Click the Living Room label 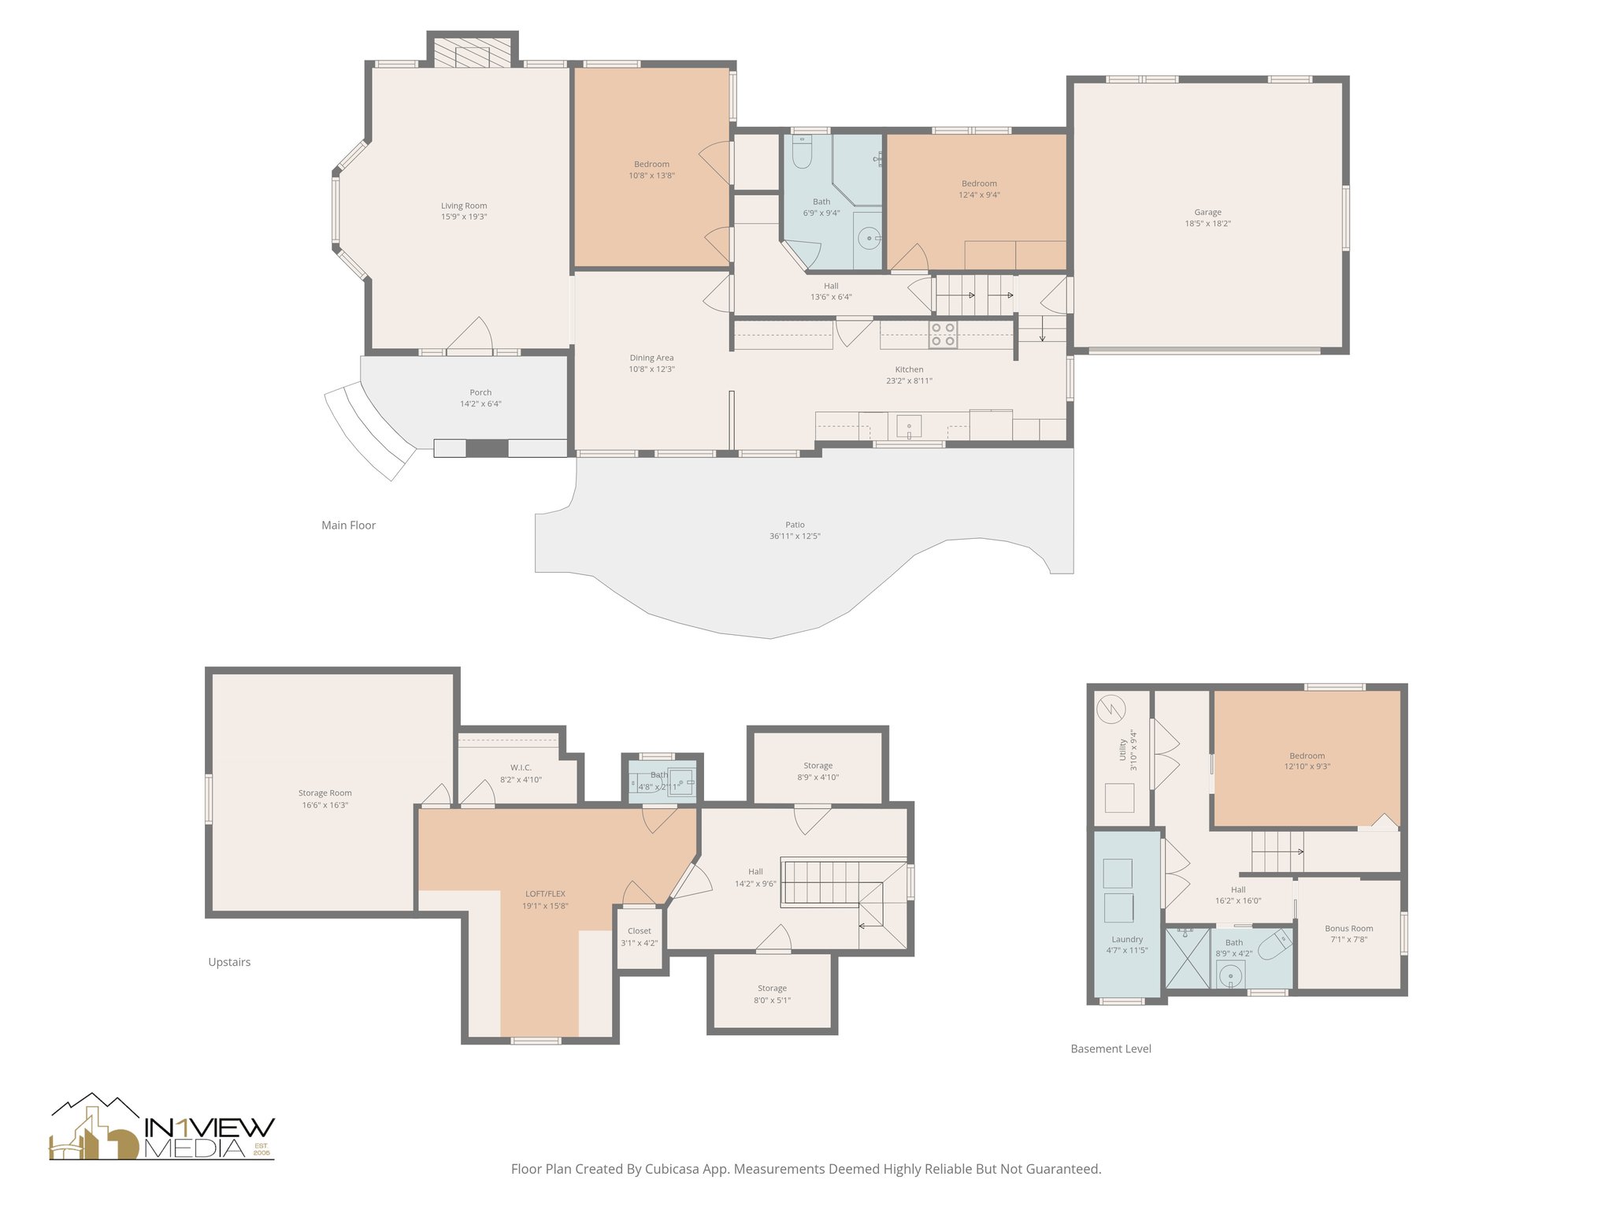(x=464, y=206)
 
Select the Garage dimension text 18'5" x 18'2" (x=1207, y=224)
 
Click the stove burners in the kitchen (x=943, y=335)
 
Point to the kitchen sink (x=909, y=427)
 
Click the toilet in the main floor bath (x=802, y=154)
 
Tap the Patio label (x=795, y=525)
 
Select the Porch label (x=480, y=392)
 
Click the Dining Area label (x=651, y=358)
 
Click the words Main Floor (x=348, y=525)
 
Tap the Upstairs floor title (x=229, y=962)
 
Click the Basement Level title (x=1111, y=1049)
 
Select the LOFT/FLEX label (x=545, y=894)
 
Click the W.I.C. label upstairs (x=521, y=767)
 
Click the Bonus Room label (x=1348, y=929)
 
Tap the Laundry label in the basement (x=1127, y=939)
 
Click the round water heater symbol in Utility (x=1113, y=711)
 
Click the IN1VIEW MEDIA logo (x=161, y=1129)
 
